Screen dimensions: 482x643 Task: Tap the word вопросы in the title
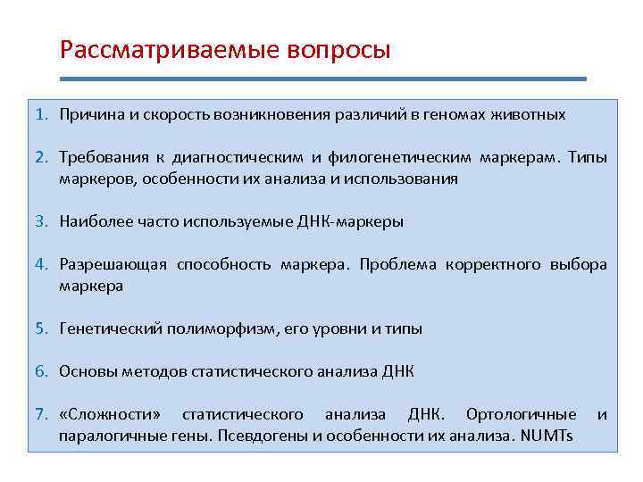pos(338,48)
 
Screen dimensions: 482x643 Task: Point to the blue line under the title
pos(322,79)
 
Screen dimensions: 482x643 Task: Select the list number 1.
pos(41,115)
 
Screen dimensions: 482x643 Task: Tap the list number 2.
pos(41,158)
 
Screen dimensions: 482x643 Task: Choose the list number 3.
pos(41,222)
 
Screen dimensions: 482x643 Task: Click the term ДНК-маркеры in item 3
pos(355,222)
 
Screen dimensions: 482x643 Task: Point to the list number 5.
pos(41,328)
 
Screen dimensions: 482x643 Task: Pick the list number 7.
pos(41,414)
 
